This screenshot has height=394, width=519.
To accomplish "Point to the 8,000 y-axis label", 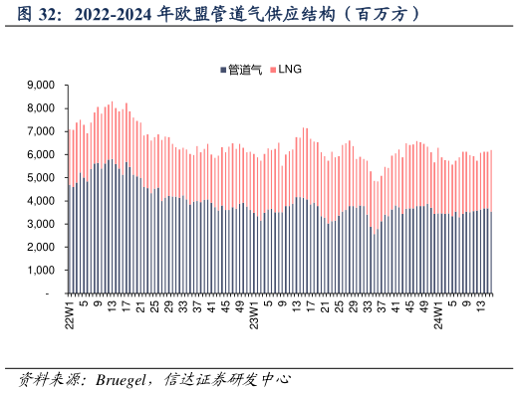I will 37,108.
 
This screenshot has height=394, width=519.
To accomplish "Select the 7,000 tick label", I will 37,131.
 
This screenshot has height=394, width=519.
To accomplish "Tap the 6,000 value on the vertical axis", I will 37,155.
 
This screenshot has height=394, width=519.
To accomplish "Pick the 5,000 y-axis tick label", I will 37,178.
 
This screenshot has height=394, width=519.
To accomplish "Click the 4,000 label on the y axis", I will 37,201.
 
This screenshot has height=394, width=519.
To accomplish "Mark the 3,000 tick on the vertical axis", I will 37,225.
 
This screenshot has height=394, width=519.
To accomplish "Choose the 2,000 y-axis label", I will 37,248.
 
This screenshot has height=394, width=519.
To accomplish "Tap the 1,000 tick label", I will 37,271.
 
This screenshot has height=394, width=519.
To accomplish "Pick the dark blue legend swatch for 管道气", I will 222,70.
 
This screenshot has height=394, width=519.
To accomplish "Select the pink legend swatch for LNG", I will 272,70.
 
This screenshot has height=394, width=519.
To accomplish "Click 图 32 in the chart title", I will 39,16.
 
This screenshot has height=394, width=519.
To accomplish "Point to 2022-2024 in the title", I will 115,16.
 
